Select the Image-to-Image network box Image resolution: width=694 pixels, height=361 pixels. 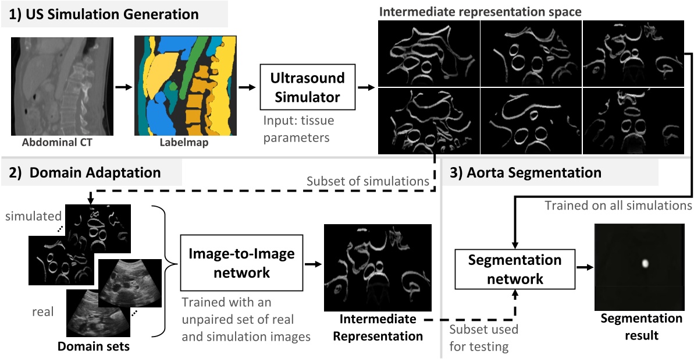(241, 263)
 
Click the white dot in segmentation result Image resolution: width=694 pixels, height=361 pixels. (644, 263)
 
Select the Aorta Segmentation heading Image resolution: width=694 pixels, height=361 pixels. (526, 172)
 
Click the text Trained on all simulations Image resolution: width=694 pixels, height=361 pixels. (618, 206)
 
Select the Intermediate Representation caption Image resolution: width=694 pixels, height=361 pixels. (378, 327)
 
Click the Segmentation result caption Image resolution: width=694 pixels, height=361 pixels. (641, 327)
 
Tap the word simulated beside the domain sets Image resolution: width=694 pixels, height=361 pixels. (29, 217)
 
